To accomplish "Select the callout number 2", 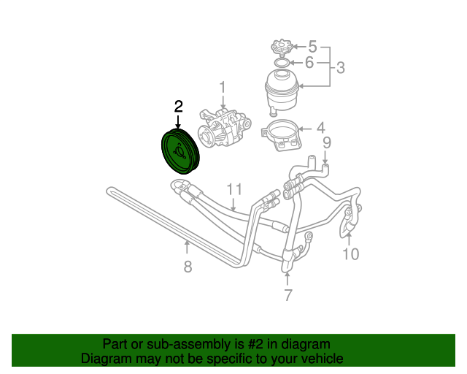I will (x=179, y=107).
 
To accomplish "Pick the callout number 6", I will (x=309, y=63).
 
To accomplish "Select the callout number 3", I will (x=340, y=69).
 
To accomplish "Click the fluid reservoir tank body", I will (x=284, y=91).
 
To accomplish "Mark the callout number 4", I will (x=320, y=127).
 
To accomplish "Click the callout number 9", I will (x=327, y=142).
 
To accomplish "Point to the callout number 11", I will (x=233, y=189).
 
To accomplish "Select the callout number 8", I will (x=188, y=267).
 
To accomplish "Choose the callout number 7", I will (x=287, y=295).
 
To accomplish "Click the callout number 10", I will (x=351, y=253).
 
